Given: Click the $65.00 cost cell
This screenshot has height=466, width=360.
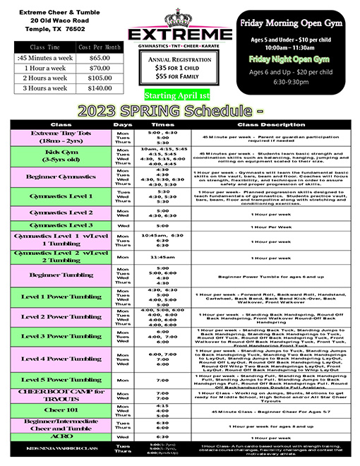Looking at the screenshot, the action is [x=100, y=57].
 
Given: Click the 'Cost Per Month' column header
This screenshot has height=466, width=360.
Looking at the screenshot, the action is [x=100, y=47].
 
